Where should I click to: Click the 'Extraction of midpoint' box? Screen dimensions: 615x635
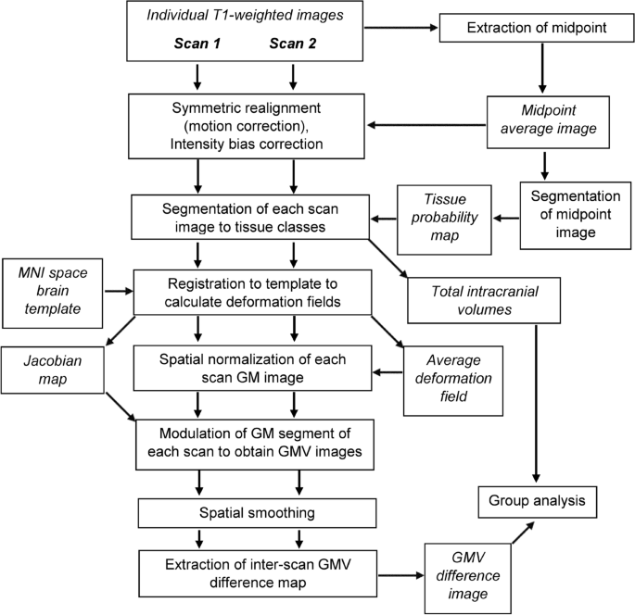pos(538,28)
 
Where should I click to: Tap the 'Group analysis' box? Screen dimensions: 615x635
pos(537,502)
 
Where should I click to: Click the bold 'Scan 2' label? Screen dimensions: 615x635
pos(293,44)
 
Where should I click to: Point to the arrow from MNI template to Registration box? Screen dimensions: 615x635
pos(118,290)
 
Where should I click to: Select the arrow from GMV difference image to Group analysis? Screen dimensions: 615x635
pos(527,542)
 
